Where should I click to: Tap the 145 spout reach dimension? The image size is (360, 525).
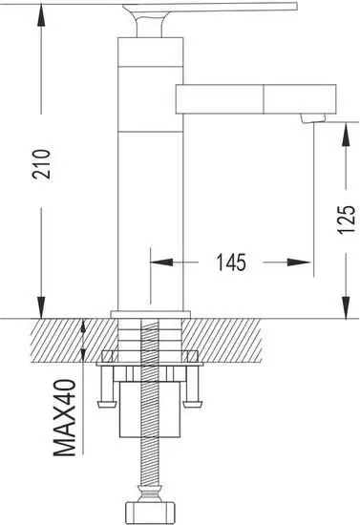[x=231, y=261]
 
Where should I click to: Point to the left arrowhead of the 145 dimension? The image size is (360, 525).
[x=158, y=261]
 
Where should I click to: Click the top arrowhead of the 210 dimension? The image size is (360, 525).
[x=41, y=9]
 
